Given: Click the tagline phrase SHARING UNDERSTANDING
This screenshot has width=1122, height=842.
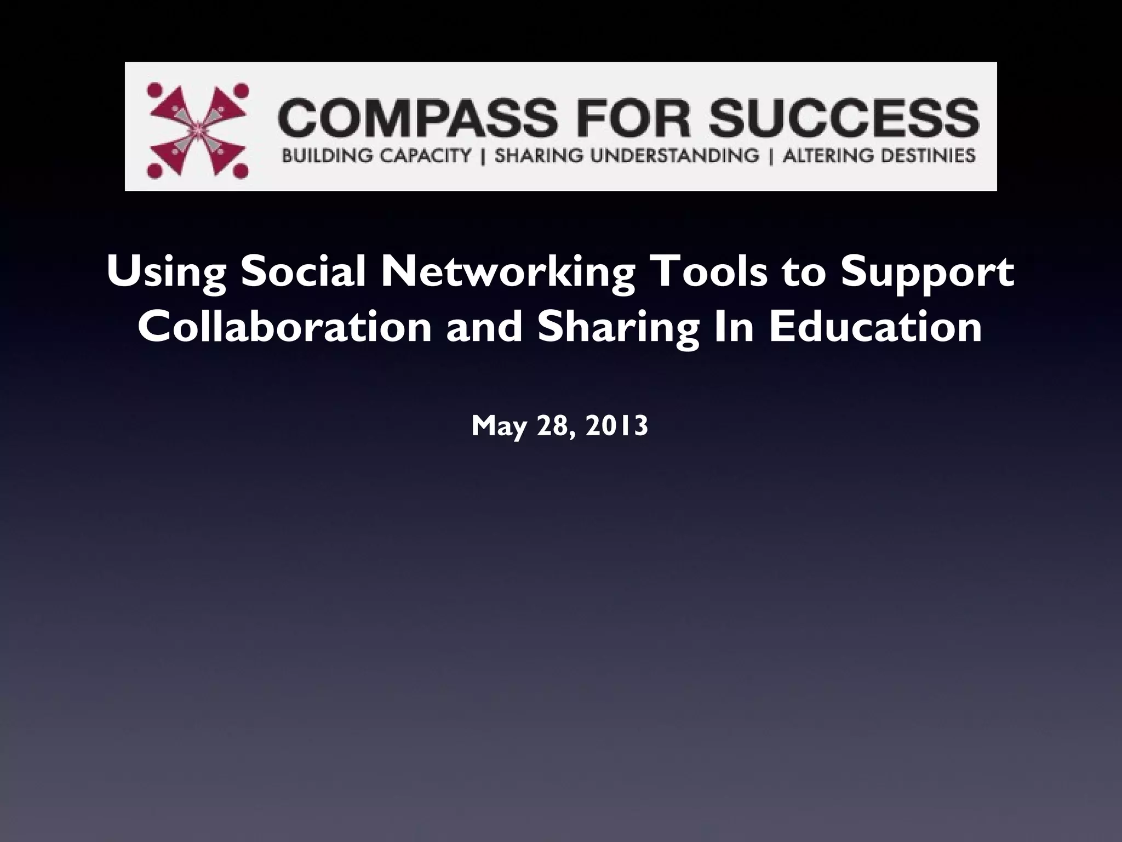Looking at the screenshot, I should point(627,156).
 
